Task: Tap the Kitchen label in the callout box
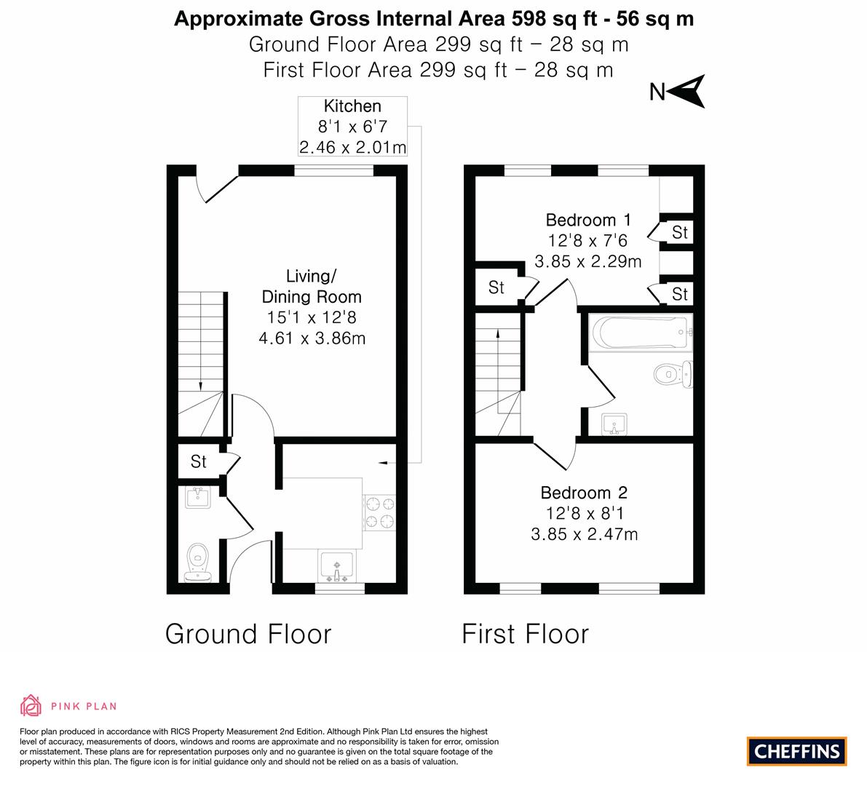352,106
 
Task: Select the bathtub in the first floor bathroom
641,332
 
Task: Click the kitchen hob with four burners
379,512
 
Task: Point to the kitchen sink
337,566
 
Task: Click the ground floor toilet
198,562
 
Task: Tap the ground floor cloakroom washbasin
198,497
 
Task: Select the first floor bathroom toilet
673,374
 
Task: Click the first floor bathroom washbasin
614,424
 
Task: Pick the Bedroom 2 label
584,493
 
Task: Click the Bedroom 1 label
588,220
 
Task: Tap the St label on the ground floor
199,461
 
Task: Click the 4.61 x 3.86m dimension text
312,338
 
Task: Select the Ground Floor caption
248,633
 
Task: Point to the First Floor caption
526,633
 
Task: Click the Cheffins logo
797,751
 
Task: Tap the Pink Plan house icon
31,705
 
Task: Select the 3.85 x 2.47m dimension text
585,534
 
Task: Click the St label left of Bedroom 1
496,287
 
